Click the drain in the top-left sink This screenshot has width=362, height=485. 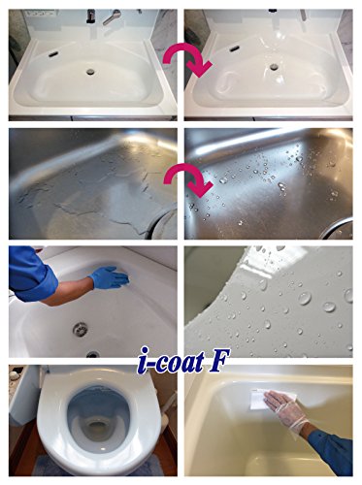[90, 72]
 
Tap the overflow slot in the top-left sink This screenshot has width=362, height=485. [53, 54]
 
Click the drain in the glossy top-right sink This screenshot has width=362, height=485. [274, 67]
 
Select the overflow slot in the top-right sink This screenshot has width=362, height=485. [235, 49]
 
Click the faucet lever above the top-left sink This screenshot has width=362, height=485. [112, 16]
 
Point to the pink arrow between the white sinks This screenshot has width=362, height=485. [187, 61]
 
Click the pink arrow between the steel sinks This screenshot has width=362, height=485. [188, 178]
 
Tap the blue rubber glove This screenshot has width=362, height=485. [109, 277]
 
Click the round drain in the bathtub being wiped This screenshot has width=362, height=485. [79, 329]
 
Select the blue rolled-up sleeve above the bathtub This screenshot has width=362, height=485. [28, 274]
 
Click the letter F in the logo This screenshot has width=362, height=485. [219, 361]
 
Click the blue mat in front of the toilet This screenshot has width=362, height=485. [97, 467]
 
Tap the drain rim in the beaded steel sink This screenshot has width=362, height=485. [337, 227]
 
